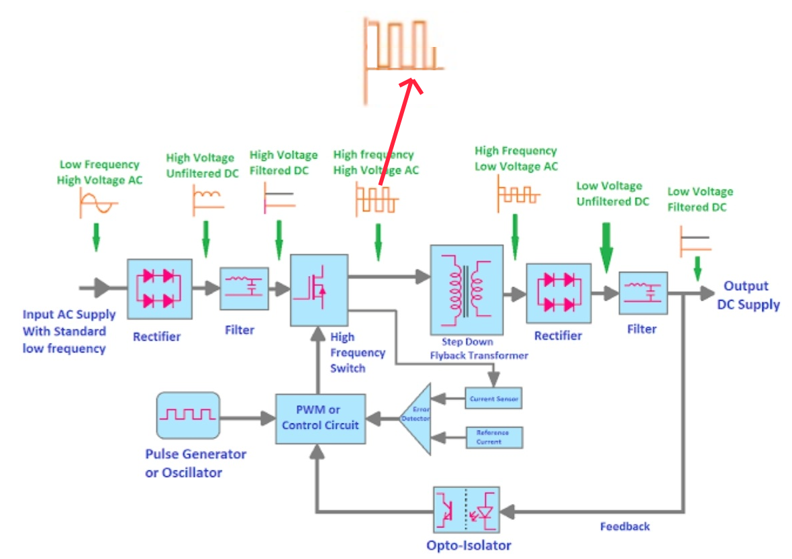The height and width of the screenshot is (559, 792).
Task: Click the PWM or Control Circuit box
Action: point(320,418)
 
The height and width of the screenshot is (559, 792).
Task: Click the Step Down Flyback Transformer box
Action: point(466,289)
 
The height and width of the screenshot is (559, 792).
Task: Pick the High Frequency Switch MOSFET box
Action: point(319,291)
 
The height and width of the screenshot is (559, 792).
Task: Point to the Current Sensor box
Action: point(493,399)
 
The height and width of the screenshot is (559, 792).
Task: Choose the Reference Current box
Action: point(493,438)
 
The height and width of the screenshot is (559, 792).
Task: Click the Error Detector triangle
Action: point(417,419)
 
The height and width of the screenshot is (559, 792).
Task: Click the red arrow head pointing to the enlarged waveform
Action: point(411,84)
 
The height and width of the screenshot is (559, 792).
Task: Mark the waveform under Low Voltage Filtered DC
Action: point(695,242)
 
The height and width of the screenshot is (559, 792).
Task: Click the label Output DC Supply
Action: point(748,295)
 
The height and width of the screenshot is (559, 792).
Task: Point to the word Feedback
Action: point(625,527)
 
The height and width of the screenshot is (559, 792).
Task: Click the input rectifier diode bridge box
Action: point(160,289)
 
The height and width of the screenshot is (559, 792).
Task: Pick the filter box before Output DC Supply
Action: point(643,293)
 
